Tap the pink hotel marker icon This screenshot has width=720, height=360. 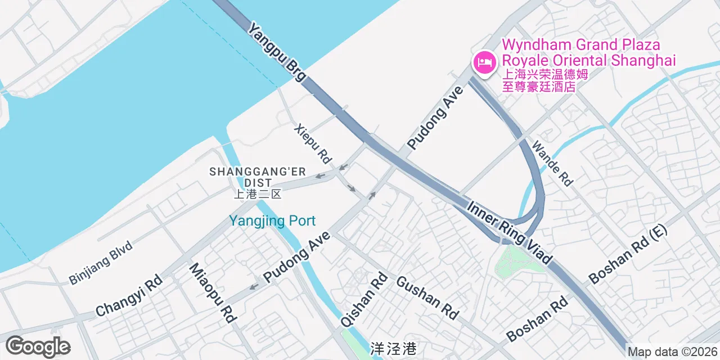point(484,62)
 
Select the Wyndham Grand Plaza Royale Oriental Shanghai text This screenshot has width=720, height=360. point(588,52)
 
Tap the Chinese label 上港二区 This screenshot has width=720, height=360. point(257,195)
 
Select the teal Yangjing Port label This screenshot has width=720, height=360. point(272,221)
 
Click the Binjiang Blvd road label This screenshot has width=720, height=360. point(101,262)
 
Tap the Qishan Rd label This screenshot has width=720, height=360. point(364,299)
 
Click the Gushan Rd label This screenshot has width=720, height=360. point(427,298)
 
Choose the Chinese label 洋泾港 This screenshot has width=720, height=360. point(394,349)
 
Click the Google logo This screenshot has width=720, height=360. point(38,346)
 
